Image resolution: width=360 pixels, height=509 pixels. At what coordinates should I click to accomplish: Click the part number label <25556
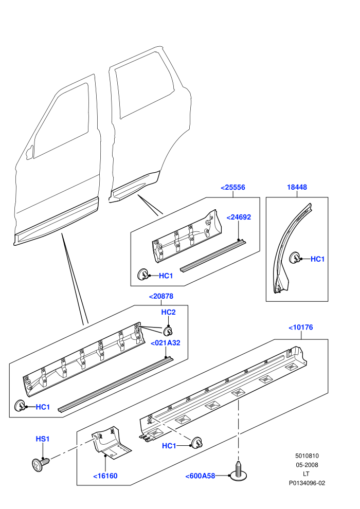(x=233, y=187)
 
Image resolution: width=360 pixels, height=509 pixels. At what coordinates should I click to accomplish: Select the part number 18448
(x=297, y=187)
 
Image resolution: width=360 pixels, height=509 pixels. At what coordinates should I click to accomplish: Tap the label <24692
(x=239, y=217)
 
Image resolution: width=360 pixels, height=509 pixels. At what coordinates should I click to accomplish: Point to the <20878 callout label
(x=161, y=296)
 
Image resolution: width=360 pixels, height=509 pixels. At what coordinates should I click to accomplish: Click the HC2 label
(x=169, y=312)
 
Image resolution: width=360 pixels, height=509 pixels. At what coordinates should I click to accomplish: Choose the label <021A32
(x=165, y=343)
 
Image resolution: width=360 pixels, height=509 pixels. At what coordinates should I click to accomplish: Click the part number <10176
(x=300, y=327)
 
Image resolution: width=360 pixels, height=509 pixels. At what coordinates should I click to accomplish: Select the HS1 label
(x=43, y=439)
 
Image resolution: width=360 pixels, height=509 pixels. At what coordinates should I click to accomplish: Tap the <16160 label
(x=105, y=476)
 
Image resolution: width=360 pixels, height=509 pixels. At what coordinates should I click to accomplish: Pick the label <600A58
(x=200, y=476)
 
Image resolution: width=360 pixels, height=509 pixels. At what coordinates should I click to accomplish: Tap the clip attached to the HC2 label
(x=168, y=331)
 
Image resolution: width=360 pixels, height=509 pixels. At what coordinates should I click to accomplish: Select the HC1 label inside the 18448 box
(x=317, y=259)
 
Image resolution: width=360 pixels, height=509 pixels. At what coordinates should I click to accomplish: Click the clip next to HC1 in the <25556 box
(x=143, y=275)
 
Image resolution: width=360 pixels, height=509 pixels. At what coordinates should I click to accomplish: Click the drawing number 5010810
(x=307, y=456)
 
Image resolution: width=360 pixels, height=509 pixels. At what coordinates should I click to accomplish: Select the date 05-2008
(x=307, y=465)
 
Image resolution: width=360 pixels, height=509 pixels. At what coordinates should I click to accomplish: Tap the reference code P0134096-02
(x=307, y=483)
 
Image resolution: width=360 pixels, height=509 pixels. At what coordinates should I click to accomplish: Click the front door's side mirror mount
(x=29, y=152)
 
